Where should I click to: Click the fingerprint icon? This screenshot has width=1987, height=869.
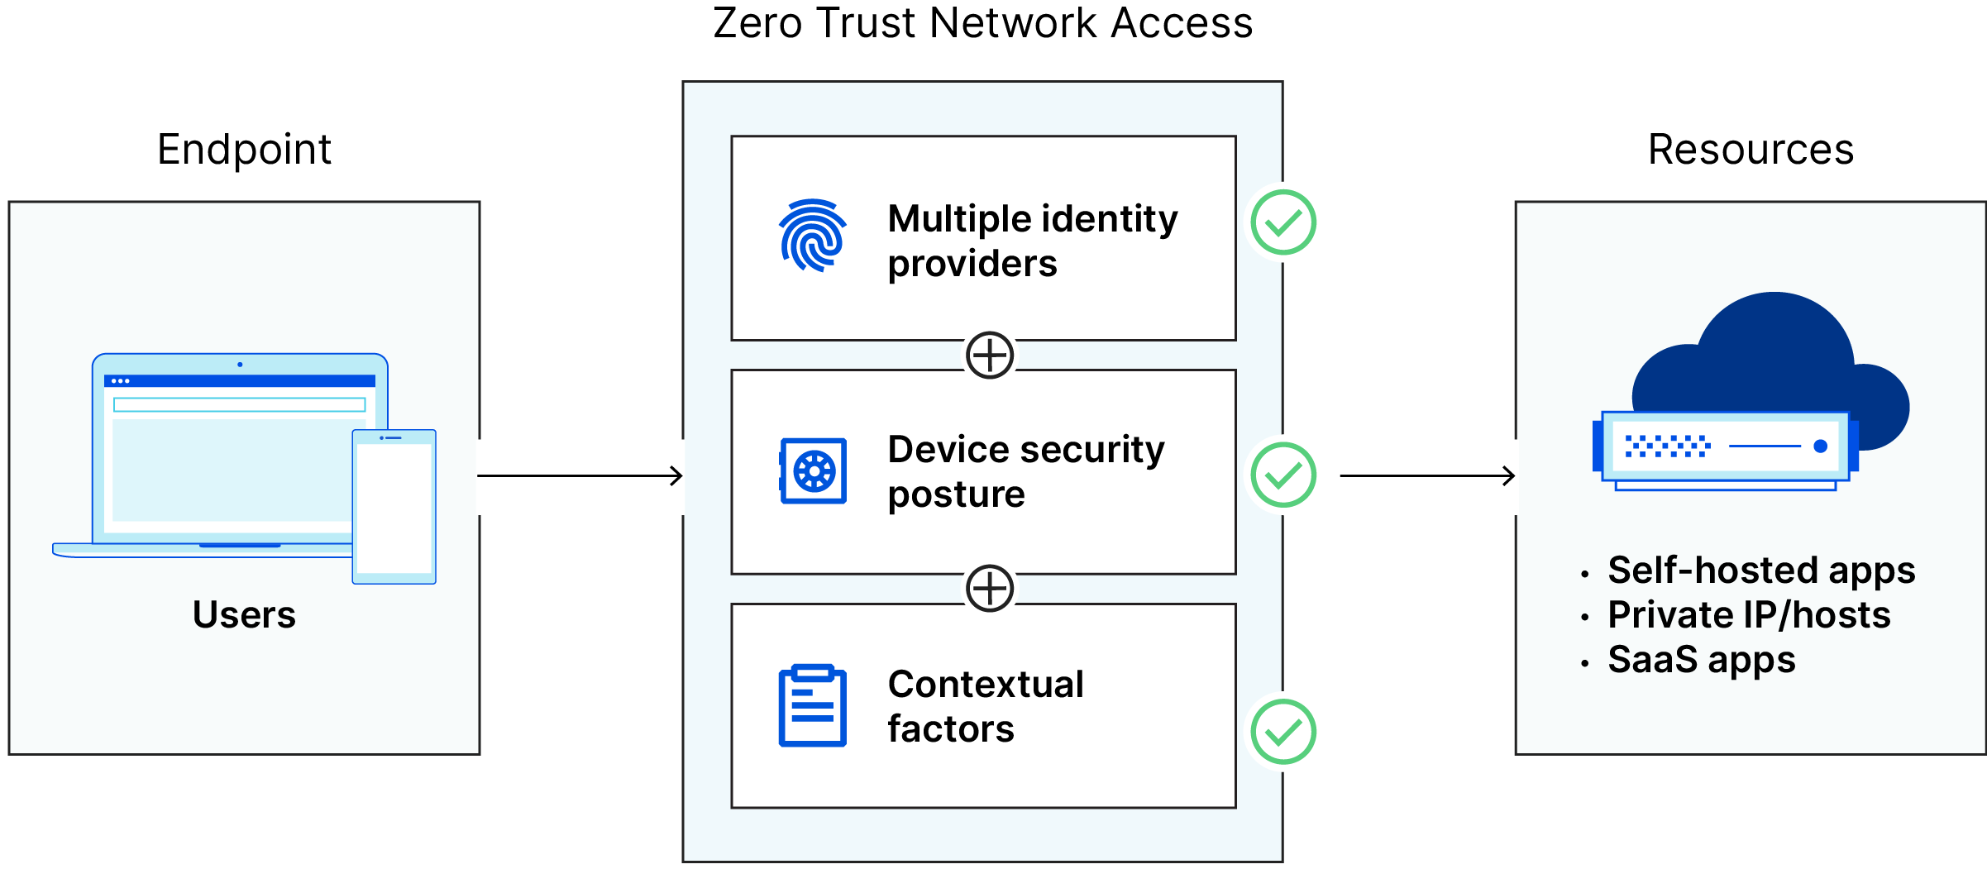(813, 236)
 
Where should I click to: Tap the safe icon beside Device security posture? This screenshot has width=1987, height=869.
(813, 470)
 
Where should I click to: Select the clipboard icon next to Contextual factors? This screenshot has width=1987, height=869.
(813, 705)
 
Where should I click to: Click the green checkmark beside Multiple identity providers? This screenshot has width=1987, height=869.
(1282, 222)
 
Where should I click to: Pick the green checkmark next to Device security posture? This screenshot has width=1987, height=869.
(1282, 475)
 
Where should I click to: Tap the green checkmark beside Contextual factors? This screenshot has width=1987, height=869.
(1282, 732)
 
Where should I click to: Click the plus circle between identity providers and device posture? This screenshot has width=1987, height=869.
(990, 356)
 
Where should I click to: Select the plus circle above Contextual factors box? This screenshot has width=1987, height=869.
(990, 589)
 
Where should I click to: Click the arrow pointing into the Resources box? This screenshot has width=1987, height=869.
(1427, 475)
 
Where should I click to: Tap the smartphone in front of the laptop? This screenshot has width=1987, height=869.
(394, 507)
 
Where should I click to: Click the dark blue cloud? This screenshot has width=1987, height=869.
(1774, 356)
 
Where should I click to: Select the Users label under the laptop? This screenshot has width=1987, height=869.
(244, 614)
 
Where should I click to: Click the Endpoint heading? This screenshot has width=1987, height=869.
(244, 150)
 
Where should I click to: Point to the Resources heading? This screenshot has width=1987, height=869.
(1751, 150)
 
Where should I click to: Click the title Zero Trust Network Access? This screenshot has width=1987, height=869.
(982, 23)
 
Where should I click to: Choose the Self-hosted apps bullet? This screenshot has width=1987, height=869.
(1760, 570)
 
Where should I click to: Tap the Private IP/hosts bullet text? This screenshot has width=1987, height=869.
(1748, 614)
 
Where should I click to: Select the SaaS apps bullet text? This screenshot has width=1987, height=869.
(1701, 659)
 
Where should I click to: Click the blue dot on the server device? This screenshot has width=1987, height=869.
(1820, 446)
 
